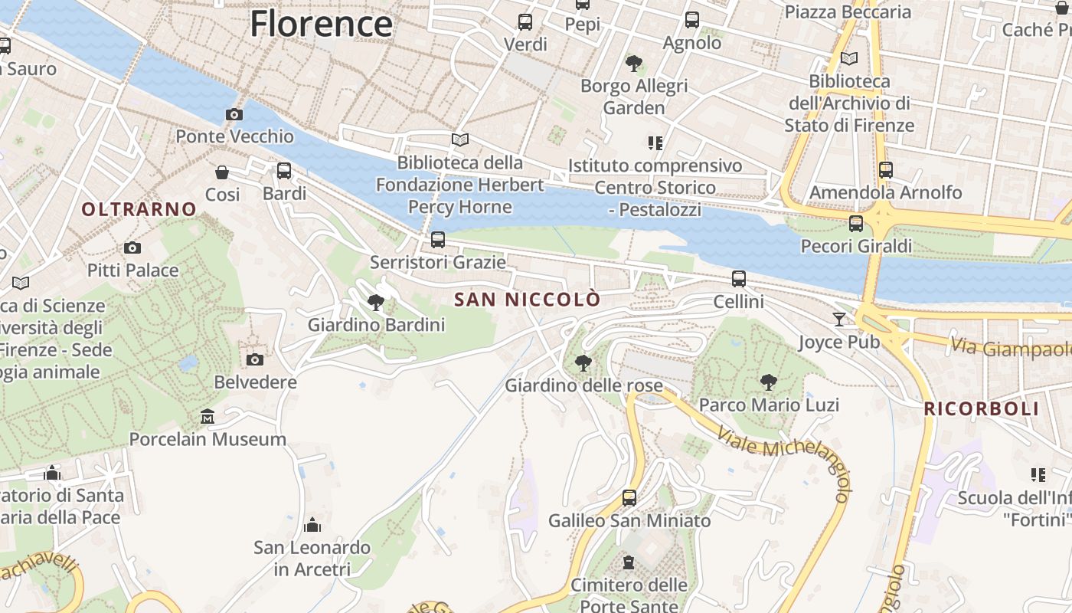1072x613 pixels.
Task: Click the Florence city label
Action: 321,24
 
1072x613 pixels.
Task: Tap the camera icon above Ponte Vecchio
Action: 234,115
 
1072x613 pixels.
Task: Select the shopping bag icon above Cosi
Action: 222,172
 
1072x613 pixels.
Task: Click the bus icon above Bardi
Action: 284,171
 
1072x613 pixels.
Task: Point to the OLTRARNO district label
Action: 139,209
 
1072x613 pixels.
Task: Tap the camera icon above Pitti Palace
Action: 132,247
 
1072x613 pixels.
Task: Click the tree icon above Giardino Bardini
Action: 376,302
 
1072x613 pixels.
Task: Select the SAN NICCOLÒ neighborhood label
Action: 528,300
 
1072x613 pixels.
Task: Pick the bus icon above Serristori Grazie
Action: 438,240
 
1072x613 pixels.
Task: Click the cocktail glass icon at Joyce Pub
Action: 840,319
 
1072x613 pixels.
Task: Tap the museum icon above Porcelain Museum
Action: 208,417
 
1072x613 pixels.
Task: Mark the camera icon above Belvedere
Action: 255,359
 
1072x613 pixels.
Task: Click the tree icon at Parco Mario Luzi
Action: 769,382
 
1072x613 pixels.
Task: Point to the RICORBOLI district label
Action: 982,408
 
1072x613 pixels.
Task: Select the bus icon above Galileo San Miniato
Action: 629,498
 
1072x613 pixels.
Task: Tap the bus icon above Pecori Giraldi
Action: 856,224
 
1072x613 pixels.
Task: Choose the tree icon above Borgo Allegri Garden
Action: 633,63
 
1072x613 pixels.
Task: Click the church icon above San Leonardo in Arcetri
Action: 312,525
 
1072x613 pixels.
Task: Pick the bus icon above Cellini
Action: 739,279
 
